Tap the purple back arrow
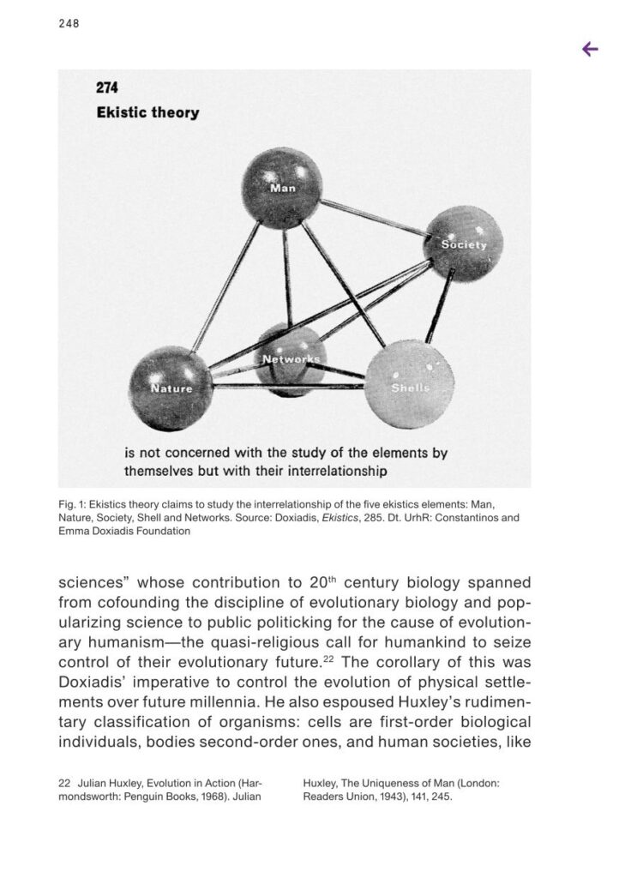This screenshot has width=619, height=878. click(x=590, y=50)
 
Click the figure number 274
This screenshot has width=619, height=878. click(x=107, y=88)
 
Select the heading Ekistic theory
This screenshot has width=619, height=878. click(x=147, y=113)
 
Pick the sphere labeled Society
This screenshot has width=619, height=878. click(x=463, y=244)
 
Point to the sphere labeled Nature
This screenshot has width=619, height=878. click(x=170, y=388)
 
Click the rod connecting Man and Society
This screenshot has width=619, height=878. click(x=373, y=216)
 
